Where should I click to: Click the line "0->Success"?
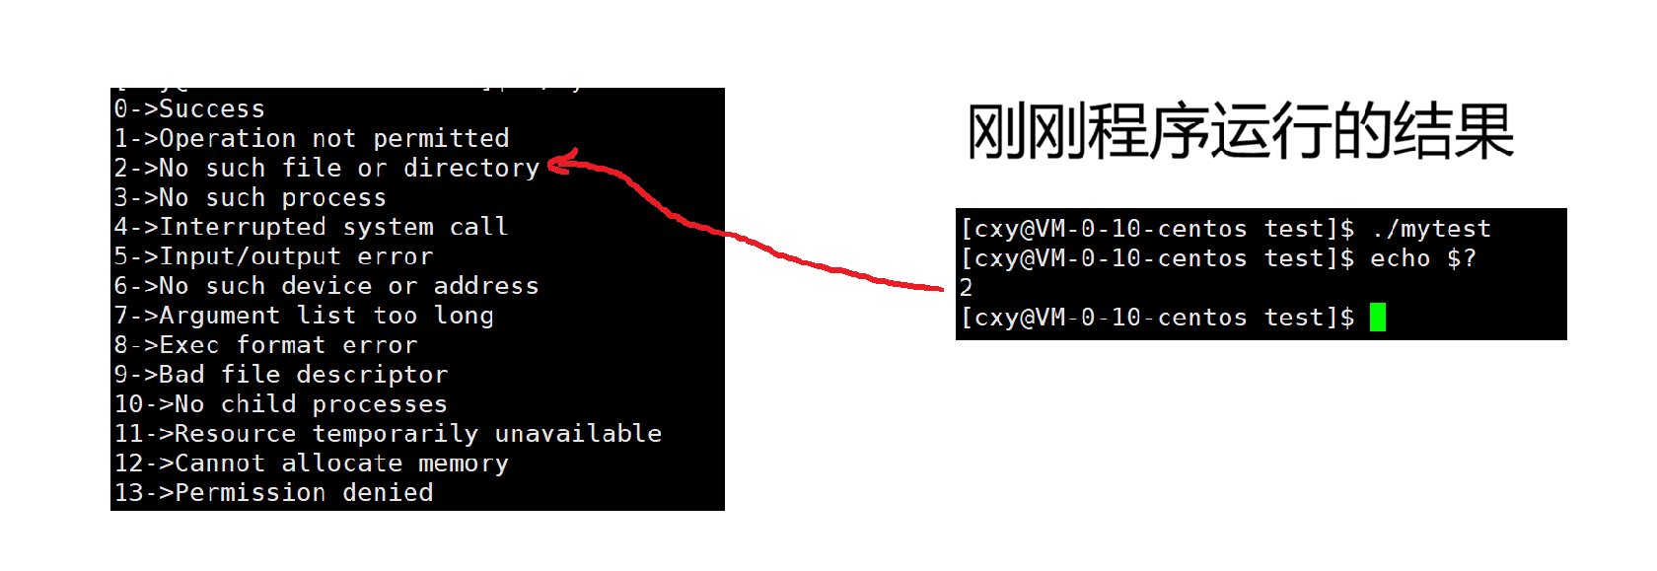tap(189, 108)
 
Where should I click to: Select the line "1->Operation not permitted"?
tap(312, 138)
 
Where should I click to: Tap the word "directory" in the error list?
tap(470, 168)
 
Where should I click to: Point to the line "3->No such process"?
tap(250, 197)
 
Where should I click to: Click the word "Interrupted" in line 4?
tap(243, 227)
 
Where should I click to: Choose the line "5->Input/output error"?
tap(273, 256)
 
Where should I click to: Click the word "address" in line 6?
tap(486, 286)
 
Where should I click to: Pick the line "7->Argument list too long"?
tap(304, 316)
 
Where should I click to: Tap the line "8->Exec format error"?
tap(265, 345)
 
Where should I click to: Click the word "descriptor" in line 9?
tap(372, 375)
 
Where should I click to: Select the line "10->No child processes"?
tap(281, 404)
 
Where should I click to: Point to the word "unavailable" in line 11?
tap(578, 434)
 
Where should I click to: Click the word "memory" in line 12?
tap(463, 464)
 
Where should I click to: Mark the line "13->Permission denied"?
tap(273, 493)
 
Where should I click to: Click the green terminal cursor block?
tap(1378, 318)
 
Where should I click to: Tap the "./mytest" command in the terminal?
tap(1431, 229)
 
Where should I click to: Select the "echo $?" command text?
tap(1423, 258)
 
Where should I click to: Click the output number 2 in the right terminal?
tap(967, 288)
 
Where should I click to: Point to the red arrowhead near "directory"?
tap(557, 164)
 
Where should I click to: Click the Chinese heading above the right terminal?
tap(1240, 131)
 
